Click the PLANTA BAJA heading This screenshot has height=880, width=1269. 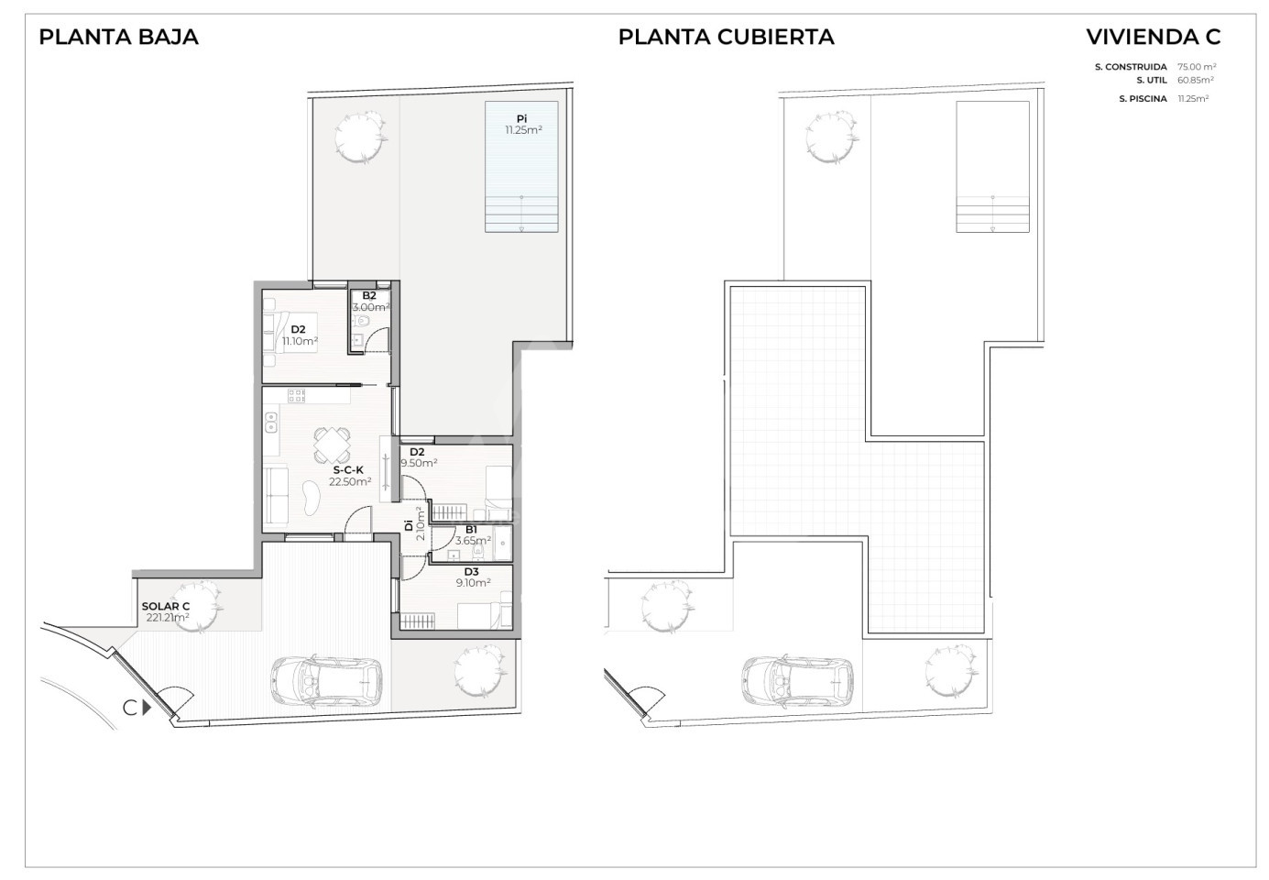[118, 38]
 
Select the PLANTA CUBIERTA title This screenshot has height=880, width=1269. [726, 38]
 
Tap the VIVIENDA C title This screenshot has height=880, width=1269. [1154, 38]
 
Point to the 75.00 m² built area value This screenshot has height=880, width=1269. [1197, 67]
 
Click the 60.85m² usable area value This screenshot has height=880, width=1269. [1196, 81]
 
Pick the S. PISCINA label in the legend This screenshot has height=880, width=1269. [1143, 99]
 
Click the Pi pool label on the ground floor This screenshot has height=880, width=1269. [521, 119]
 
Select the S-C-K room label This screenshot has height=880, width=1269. [348, 470]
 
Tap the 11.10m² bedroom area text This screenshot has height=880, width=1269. [300, 341]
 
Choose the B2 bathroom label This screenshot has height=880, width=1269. [369, 296]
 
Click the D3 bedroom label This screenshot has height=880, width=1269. [471, 572]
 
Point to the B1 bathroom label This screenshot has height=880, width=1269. [471, 530]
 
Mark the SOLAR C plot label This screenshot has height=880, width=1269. [166, 607]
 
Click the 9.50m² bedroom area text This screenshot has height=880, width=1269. [420, 463]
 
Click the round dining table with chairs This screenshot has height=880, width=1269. [332, 445]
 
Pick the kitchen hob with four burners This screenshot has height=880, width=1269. [296, 395]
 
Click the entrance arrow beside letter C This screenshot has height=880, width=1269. [148, 709]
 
